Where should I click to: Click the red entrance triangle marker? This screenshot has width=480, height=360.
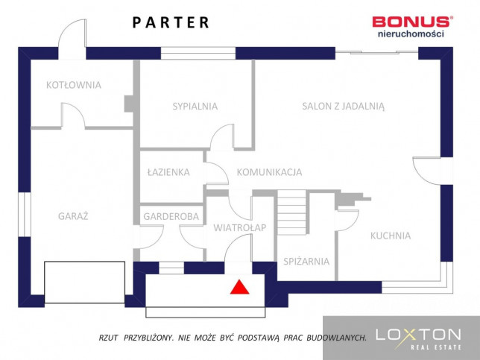[240, 288]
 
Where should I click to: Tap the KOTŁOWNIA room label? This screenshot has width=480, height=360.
[74, 85]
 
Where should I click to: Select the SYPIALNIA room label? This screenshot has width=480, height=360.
[195, 107]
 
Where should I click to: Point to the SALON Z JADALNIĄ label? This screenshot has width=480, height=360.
[343, 107]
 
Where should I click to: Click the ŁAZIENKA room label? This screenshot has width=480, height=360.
[168, 172]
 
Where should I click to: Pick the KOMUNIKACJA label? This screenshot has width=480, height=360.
[269, 172]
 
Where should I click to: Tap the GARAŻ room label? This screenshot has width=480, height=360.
[73, 216]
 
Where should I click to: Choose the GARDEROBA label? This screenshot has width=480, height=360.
[171, 217]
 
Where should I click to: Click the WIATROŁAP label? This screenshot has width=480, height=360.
[240, 228]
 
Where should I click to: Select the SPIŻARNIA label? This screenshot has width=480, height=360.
[306, 262]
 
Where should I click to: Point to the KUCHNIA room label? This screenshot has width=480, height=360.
[391, 236]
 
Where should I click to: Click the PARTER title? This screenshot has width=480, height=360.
[171, 22]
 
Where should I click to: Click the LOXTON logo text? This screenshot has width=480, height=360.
[418, 335]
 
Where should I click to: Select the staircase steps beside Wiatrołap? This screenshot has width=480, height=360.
[291, 212]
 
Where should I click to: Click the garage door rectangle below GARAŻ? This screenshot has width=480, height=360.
[84, 282]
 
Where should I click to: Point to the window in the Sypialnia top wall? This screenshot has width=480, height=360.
[198, 53]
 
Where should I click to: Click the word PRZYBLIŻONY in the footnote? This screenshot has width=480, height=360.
[149, 338]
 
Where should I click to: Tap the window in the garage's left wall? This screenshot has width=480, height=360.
[25, 215]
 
